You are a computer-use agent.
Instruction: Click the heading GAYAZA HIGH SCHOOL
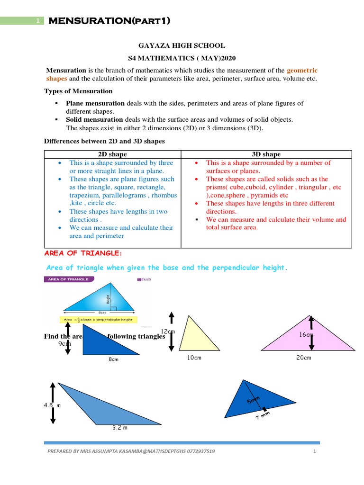click(182, 46)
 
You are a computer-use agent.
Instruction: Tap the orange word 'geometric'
click(302, 70)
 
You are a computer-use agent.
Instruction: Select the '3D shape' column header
click(266, 154)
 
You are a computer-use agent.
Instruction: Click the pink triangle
click(308, 338)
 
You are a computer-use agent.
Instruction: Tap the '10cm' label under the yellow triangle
click(194, 358)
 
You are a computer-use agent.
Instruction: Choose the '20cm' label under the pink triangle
click(303, 358)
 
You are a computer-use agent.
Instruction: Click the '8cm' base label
click(113, 359)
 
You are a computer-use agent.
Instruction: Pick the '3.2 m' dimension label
click(119, 427)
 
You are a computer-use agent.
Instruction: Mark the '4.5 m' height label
click(53, 405)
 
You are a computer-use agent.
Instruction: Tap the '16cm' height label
click(306, 335)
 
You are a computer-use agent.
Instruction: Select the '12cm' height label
click(168, 331)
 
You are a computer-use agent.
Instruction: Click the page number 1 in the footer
click(314, 451)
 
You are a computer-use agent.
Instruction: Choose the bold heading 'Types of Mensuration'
click(78, 91)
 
